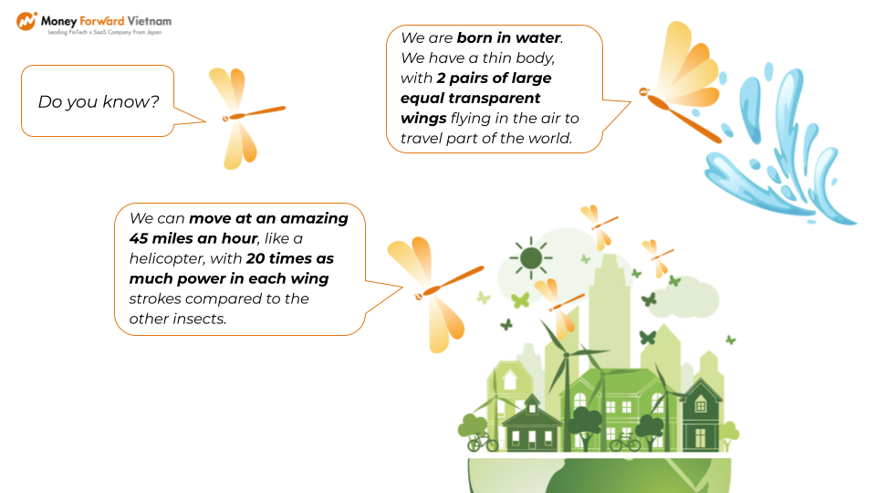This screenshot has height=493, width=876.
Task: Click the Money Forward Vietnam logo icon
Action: [26, 21]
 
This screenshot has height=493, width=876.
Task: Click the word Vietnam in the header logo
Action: [149, 21]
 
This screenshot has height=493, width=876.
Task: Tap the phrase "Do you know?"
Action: [99, 101]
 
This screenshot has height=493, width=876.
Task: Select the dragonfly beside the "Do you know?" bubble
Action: [246, 118]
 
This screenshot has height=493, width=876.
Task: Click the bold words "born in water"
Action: [508, 38]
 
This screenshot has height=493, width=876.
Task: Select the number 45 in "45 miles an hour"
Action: [139, 238]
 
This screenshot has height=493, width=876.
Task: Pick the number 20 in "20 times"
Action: [255, 258]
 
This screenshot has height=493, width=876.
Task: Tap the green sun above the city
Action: [531, 258]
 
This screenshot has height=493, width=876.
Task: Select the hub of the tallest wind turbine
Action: [566, 354]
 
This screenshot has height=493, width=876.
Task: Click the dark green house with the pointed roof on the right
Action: [700, 414]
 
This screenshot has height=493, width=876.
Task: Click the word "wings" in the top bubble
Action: [423, 119]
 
